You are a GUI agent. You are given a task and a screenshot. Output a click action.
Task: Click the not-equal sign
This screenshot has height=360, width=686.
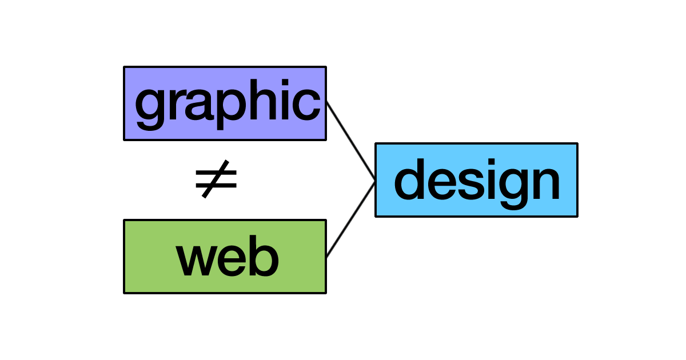[216, 179]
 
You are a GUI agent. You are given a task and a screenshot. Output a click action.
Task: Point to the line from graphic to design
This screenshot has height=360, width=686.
[350, 141]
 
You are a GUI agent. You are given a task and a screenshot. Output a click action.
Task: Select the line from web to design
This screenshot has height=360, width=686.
[350, 219]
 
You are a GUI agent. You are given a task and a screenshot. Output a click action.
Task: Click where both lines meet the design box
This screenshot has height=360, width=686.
[376, 181]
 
